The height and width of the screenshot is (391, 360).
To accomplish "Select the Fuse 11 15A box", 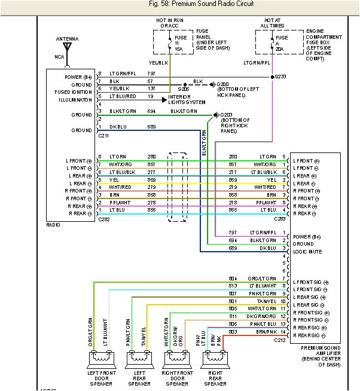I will click(x=170, y=41).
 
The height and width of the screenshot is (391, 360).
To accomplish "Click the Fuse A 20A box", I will click(x=273, y=41).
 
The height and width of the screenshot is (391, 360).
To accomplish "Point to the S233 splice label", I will click(x=280, y=77).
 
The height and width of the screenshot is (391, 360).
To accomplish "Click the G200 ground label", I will click(x=222, y=85).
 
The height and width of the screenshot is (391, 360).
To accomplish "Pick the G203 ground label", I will click(x=225, y=114).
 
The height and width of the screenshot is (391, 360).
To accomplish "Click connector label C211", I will click(x=102, y=136).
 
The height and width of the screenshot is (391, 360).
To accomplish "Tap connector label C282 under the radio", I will click(x=102, y=221).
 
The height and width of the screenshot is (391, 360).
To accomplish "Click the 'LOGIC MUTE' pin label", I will click(x=307, y=252).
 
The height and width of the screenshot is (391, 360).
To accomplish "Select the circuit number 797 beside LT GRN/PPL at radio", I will click(x=151, y=73).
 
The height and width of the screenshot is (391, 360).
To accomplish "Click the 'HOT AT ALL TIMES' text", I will click(x=273, y=23).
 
